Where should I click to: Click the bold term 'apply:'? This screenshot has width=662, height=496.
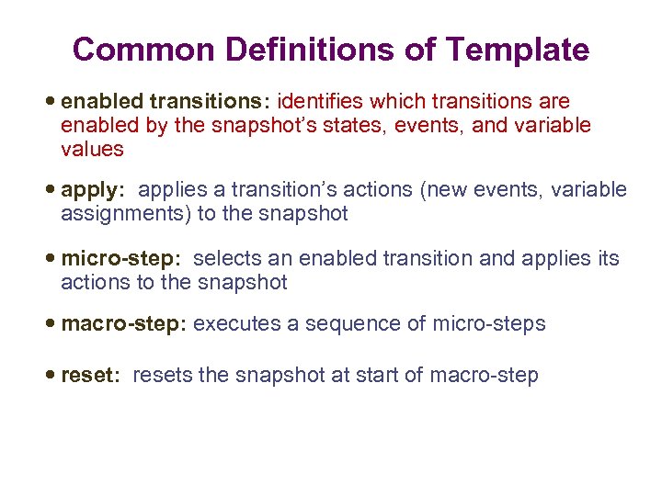pos(92,190)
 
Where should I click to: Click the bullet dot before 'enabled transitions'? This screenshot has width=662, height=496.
pos(51,101)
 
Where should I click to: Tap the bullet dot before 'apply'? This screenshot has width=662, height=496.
pos(51,190)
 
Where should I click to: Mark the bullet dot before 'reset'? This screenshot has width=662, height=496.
pos(51,376)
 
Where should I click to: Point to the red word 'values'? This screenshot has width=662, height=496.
pos(92,149)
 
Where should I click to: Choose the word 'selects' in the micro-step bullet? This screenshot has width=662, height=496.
pos(226,259)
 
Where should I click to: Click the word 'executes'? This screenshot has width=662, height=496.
pos(234,324)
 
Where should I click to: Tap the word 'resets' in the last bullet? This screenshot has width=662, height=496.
pos(162,376)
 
